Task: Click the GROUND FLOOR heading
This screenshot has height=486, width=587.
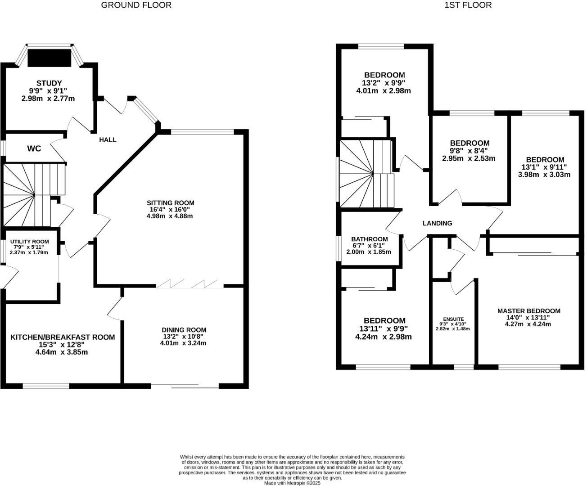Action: (136, 5)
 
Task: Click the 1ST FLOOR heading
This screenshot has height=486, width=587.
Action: (468, 5)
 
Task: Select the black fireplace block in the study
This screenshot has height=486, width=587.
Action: (50, 58)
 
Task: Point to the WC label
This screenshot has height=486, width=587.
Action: (34, 148)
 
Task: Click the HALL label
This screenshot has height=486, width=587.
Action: (108, 140)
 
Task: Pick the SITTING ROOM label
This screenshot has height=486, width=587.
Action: (170, 203)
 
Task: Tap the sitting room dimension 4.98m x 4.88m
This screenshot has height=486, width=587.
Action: (170, 216)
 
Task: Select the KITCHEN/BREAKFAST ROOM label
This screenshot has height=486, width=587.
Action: (63, 337)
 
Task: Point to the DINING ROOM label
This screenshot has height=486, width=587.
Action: (184, 330)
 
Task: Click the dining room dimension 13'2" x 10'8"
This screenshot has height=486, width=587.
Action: (184, 337)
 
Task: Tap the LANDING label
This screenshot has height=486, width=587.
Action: (437, 223)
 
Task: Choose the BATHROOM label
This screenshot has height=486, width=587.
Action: (369, 239)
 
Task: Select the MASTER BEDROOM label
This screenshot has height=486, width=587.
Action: (528, 311)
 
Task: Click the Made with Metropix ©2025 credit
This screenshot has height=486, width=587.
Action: (292, 483)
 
